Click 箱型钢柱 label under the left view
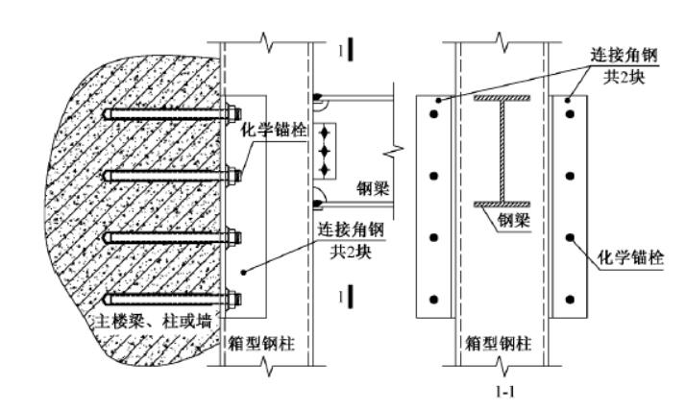pos(260,343)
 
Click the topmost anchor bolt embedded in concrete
pos(168,116)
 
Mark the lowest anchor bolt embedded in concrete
pos(168,297)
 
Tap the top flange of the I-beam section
pos(502,99)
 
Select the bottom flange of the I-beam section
pos(502,204)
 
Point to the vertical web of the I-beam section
pos(502,152)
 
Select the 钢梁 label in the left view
pos(374,189)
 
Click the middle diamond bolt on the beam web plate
pos(327,151)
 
